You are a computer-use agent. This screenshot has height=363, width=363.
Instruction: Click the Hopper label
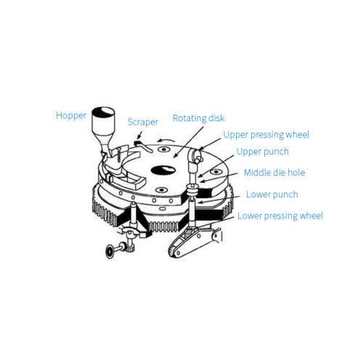(71, 115)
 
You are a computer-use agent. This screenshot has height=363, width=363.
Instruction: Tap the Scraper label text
(142, 123)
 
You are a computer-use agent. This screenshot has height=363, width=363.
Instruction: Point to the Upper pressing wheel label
(266, 134)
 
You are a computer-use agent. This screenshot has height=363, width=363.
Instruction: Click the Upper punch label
(262, 152)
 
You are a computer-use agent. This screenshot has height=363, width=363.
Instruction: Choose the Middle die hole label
(275, 173)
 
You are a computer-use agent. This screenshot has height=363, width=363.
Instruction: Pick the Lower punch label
(272, 194)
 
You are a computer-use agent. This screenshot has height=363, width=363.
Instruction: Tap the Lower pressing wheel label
(280, 216)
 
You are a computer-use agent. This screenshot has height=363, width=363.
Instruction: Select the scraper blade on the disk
(144, 148)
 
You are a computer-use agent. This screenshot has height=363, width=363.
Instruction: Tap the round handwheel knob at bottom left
(108, 251)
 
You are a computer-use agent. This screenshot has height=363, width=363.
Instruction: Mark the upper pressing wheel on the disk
(197, 155)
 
